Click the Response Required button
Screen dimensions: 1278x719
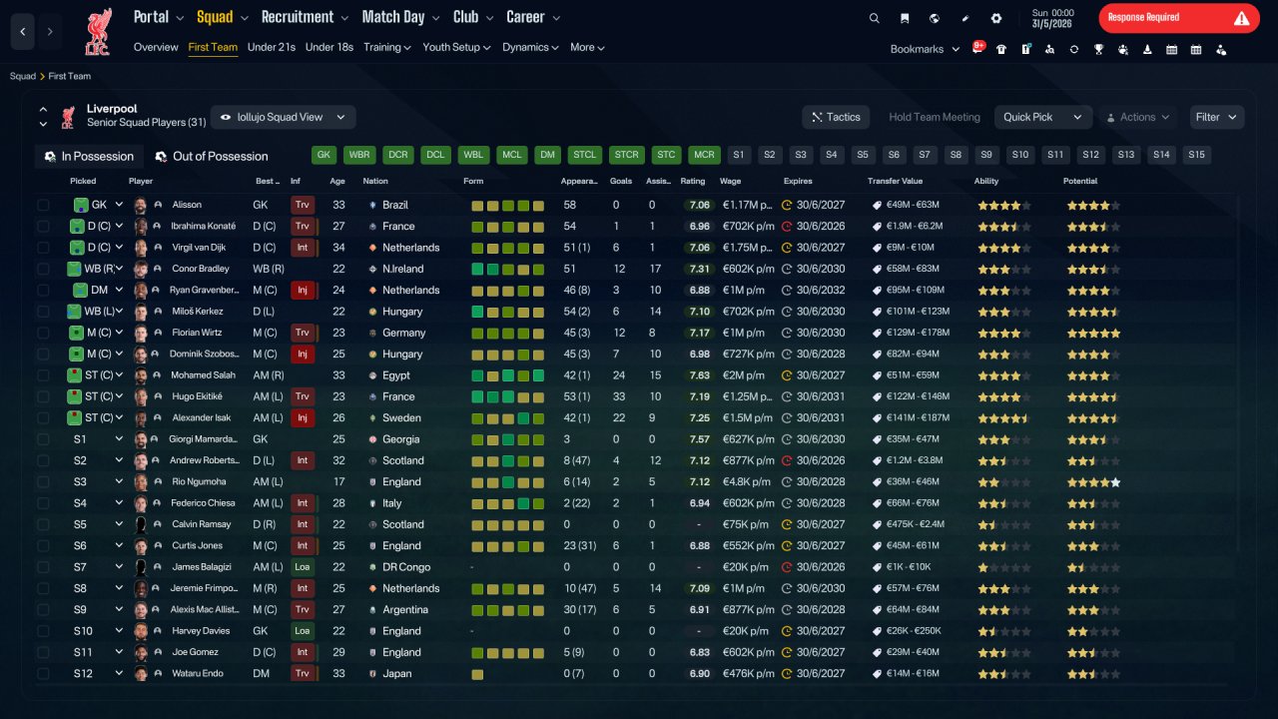(1179, 18)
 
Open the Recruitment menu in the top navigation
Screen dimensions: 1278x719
(305, 17)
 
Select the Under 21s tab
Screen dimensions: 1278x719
(271, 47)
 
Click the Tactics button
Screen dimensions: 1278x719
(836, 117)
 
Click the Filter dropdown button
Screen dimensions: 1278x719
(1216, 117)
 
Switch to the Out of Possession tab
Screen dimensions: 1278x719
(212, 157)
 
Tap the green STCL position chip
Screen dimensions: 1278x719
(584, 155)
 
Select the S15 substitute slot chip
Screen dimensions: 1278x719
(1196, 155)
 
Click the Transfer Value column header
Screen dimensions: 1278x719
(895, 181)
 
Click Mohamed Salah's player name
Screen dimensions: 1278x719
(203, 374)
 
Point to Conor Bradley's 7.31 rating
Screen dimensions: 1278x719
(699, 269)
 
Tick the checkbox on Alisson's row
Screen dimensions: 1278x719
(43, 205)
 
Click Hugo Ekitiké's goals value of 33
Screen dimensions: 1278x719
(618, 396)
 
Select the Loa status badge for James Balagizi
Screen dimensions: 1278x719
(302, 567)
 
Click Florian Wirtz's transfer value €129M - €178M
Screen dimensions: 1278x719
(918, 333)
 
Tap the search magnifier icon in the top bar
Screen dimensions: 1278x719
(874, 18)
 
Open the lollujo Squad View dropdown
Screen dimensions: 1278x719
(283, 117)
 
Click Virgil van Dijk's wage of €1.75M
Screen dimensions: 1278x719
(748, 248)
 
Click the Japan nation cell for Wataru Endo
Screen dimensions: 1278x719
(396, 673)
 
